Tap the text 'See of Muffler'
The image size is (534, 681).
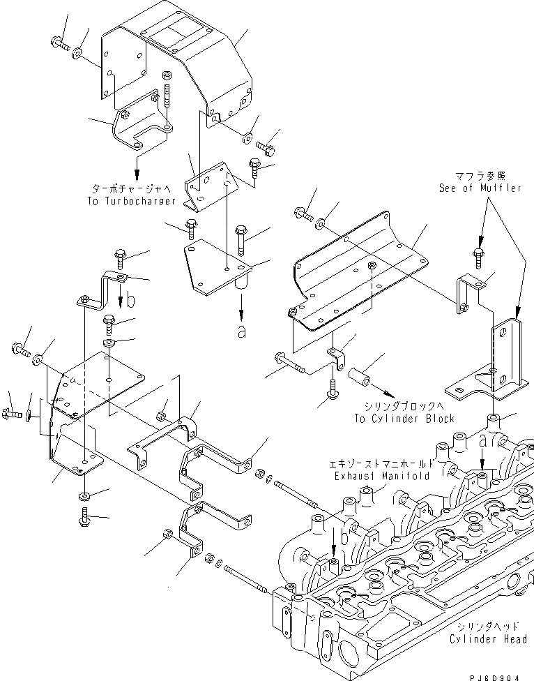click(x=480, y=188)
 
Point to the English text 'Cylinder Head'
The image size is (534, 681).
click(x=487, y=639)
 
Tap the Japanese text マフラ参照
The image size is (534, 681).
click(x=481, y=177)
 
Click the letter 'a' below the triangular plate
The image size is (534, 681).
click(x=242, y=331)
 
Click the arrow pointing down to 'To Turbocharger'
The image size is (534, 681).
click(x=137, y=167)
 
